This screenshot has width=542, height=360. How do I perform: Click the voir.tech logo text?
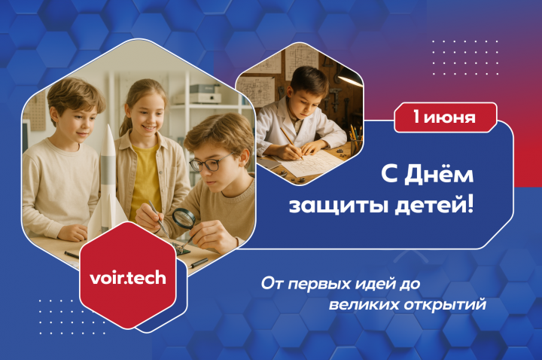click(x=128, y=278)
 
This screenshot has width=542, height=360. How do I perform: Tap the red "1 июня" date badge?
click(x=445, y=117)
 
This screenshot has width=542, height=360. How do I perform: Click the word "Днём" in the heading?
click(x=439, y=174)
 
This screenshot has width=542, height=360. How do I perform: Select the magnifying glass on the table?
click(x=184, y=218)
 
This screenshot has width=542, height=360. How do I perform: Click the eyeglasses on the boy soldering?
click(x=209, y=163)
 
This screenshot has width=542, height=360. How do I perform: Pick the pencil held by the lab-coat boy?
click(x=291, y=143)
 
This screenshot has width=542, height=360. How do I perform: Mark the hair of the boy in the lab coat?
click(x=309, y=81)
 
